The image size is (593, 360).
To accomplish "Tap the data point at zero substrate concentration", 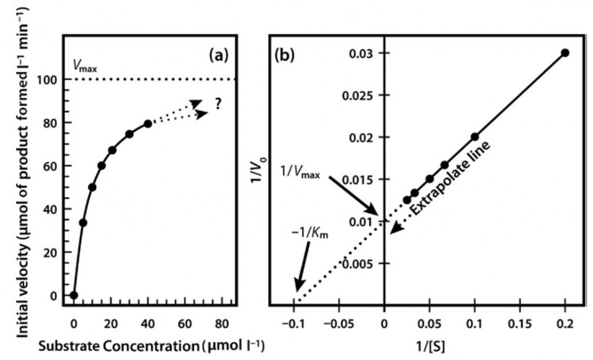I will pos(74,295).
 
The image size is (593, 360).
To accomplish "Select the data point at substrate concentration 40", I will pos(148,124).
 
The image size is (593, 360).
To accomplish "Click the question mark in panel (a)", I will pos(219,105).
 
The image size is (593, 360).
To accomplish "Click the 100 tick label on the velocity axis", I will pos(50,80).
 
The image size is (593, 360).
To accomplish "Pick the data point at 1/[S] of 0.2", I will pos(565,53).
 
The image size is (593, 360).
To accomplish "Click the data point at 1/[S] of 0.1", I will pos(475,137).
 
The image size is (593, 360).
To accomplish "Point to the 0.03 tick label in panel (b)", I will pos(363,53).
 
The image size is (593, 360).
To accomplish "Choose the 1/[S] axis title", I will pos(429,346).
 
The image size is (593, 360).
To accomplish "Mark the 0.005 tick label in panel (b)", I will pos(359,263).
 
